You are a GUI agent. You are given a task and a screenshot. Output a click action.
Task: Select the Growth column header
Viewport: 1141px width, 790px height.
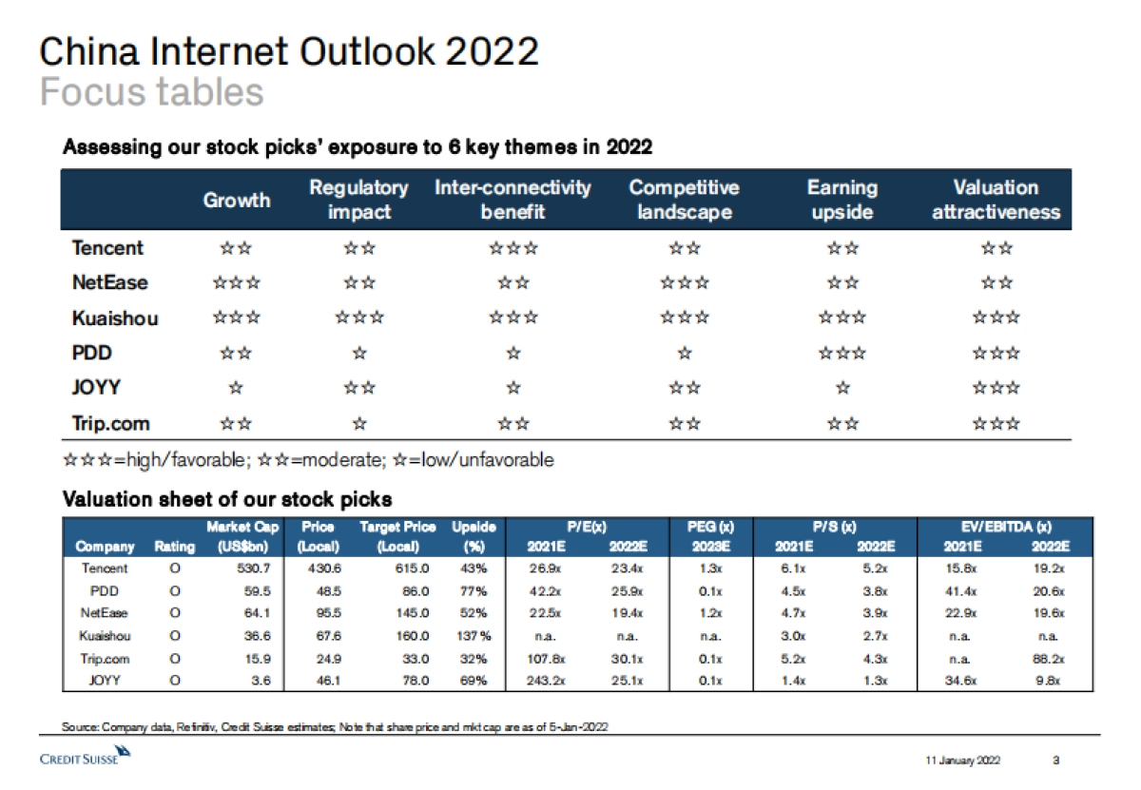237,200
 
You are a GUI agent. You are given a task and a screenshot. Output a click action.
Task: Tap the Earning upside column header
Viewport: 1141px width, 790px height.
841,200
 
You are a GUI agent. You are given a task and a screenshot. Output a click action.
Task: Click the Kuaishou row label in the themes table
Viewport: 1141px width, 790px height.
115,318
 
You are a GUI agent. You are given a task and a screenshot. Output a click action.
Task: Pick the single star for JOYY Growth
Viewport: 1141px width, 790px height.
237,388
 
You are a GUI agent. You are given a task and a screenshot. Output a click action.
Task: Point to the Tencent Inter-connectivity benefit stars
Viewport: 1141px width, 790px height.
512,248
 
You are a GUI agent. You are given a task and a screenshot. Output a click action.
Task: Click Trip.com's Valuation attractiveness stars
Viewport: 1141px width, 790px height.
996,423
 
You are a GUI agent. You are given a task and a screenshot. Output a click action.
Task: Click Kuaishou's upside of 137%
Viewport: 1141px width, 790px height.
473,636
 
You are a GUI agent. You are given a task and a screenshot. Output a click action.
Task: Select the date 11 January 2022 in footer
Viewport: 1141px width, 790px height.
961,760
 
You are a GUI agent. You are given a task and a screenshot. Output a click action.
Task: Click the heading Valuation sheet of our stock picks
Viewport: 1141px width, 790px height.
227,499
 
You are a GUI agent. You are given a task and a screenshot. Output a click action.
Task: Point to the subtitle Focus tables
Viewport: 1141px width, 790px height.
152,92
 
